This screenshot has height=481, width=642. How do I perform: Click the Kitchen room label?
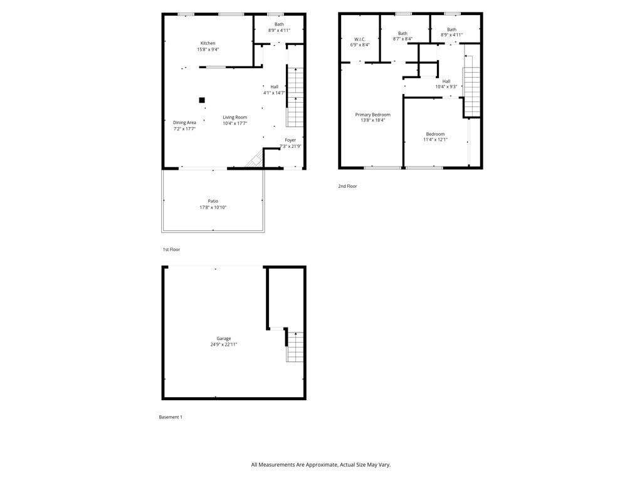208,43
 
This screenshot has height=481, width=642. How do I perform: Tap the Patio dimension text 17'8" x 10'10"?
213,207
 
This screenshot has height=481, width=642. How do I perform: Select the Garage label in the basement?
223,338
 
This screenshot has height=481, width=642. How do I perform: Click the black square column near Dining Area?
202,100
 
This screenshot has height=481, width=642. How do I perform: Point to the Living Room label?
235,117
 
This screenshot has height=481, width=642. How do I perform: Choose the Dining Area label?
184,123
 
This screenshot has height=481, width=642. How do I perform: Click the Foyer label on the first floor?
290,140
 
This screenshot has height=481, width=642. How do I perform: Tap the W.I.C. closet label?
360,39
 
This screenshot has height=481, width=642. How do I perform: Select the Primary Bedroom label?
372,115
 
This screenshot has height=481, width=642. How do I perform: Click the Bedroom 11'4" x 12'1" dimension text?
435,140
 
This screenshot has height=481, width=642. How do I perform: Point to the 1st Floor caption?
171,249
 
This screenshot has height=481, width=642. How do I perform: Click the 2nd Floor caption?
347,186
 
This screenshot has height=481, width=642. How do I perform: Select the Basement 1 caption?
171,416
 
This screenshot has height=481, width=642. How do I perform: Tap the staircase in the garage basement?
295,346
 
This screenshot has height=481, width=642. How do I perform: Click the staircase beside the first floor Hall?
295,97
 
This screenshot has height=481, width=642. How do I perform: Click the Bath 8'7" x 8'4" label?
403,39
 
